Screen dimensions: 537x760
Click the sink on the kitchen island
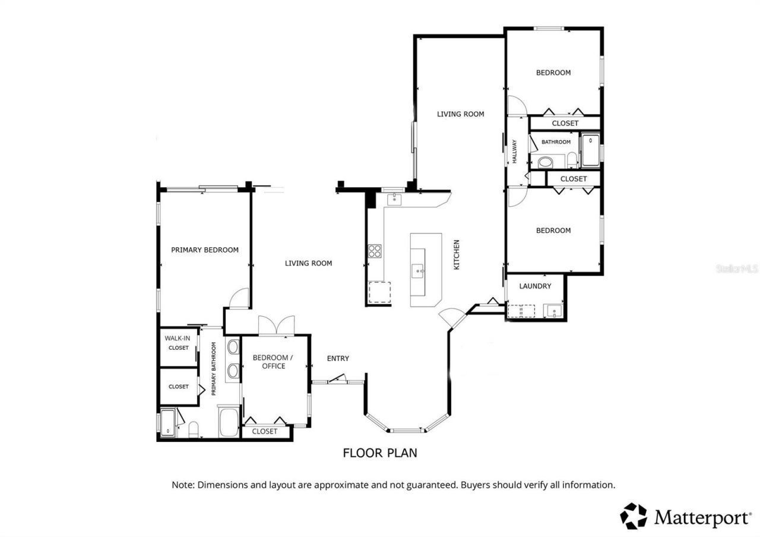419,271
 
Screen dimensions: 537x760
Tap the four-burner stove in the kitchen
374,251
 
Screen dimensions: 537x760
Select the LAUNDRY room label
535,286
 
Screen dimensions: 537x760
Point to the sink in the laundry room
554,311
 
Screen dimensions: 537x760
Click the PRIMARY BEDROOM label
205,250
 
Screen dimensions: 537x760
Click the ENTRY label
338,358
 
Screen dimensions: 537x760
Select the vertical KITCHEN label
457,255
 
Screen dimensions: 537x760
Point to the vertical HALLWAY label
515,152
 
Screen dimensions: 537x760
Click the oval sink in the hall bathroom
545,162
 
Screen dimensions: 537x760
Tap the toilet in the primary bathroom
193,428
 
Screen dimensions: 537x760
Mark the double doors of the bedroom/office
276,326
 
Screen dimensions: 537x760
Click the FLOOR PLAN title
380,453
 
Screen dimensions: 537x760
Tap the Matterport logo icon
634,516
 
